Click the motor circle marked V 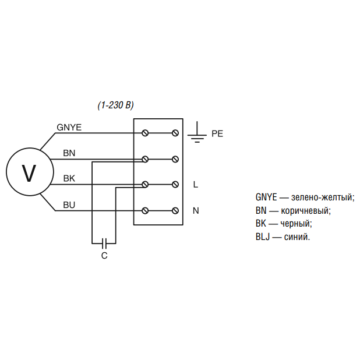point(29,172)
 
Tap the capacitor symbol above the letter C point(104,242)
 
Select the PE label point(217,133)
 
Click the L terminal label point(196,185)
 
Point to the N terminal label point(196,210)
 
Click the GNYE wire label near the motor point(69,127)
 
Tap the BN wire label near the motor point(69,153)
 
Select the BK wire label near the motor point(69,178)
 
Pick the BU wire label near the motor point(69,204)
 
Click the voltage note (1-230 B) point(115,105)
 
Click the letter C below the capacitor point(104,256)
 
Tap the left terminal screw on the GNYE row point(145,133)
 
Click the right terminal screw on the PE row point(175,133)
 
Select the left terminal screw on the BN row point(145,159)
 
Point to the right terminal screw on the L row point(175,185)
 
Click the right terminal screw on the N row point(175,210)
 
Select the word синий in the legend point(297,237)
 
